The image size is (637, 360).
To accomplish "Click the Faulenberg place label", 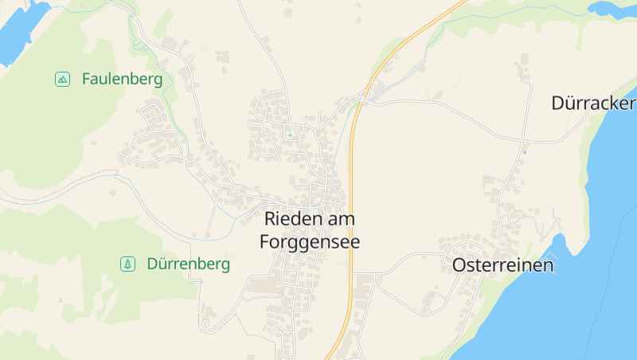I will coord(122,79).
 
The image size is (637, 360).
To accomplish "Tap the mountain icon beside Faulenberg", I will coord(62,79).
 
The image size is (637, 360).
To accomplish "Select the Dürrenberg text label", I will coord(188,264).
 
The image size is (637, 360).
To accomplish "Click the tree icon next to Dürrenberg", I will coord(127,264).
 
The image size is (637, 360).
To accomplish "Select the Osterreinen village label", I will coord(502,265).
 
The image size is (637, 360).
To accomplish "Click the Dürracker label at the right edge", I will coord(593,104).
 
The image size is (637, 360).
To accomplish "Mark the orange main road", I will coord(351,199).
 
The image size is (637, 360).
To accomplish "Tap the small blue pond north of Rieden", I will coord(290,135).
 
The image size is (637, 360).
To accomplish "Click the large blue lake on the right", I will coord(573,311).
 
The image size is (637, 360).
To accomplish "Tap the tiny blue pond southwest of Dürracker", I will coord(525,150).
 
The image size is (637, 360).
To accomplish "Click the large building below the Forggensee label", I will coord(262,284).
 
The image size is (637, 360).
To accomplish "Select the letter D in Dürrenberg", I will coord(152,264).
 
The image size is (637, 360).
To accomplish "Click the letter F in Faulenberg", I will coord(86,79).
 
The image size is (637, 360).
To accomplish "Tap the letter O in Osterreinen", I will coord(459,265).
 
